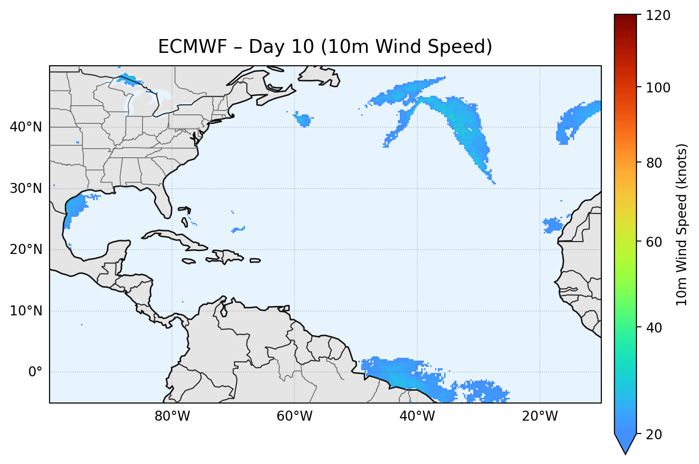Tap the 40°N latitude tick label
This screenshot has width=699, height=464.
pos(26,127)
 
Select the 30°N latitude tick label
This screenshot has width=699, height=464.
pos(26,189)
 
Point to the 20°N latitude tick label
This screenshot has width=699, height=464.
pos(26,250)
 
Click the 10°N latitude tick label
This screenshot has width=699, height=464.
pos(26,311)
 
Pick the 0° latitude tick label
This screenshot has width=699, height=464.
pos(35,372)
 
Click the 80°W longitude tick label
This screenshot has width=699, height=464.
pos(172,416)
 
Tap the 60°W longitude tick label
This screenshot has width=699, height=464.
pos(294,416)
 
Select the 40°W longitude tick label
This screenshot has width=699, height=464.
pos(417,416)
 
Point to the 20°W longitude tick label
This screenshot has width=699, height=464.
pos(539,416)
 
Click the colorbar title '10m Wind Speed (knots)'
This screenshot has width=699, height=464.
pos(682,225)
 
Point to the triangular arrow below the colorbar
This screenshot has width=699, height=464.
pos(625,444)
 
